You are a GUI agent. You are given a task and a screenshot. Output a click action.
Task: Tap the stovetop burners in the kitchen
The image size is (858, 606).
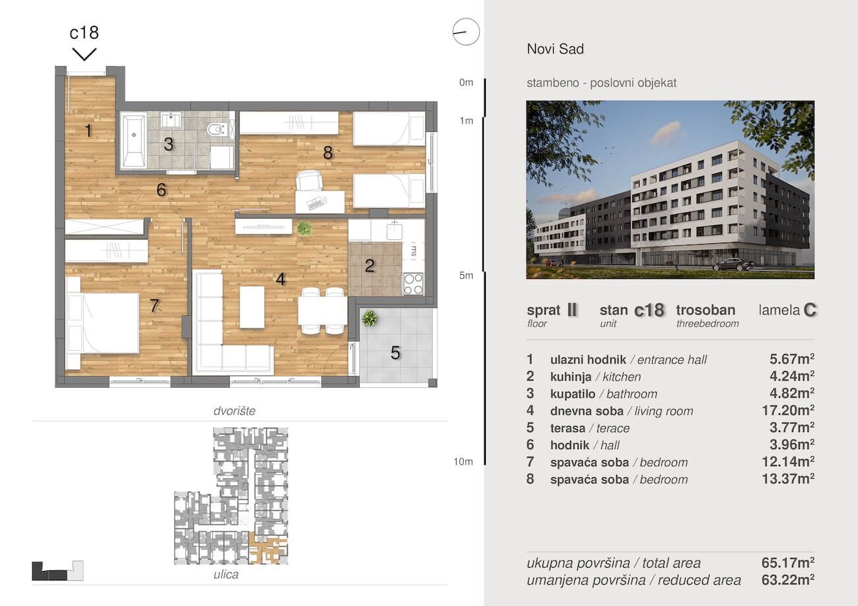413,284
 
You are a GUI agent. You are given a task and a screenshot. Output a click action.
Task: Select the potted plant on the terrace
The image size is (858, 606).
370,318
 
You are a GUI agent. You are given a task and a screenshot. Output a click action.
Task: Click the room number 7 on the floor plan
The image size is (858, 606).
154,305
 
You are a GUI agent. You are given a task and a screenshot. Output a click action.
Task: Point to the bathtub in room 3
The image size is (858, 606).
134,140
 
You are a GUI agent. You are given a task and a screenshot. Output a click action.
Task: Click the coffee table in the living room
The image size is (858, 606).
251,307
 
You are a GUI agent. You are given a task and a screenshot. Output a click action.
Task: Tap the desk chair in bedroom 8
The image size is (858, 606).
309,180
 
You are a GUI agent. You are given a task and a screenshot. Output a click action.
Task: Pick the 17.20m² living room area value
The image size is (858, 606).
788,411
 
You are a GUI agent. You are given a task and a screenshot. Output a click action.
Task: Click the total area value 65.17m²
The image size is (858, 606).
788,562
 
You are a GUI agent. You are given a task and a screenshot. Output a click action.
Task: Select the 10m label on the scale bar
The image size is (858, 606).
463,462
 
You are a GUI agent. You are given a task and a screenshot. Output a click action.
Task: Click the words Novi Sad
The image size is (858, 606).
555,49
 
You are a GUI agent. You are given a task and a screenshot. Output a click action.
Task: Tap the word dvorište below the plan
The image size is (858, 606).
234,411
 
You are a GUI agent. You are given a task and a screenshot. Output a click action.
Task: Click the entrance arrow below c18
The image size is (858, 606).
84,54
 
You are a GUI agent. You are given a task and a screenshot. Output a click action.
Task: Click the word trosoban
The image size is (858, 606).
706,310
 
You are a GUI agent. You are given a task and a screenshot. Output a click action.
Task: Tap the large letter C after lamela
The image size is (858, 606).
810,310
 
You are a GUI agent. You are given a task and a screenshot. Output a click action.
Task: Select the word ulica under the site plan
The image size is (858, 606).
226,574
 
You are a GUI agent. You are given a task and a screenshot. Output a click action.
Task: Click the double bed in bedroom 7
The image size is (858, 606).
102,323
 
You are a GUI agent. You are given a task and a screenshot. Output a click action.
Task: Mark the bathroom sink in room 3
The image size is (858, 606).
171,120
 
